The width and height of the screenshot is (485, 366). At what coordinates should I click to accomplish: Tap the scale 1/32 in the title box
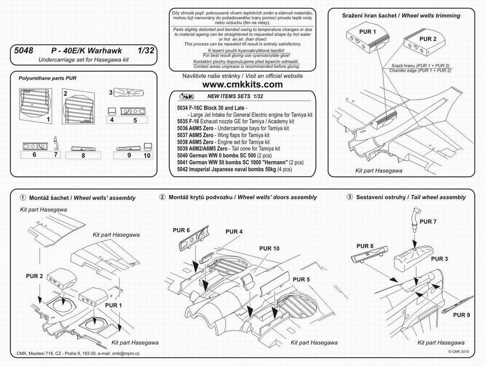tap(145, 50)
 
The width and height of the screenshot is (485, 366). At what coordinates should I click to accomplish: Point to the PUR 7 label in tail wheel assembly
tap(427, 221)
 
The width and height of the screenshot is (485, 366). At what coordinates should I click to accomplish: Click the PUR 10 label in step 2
tap(269, 248)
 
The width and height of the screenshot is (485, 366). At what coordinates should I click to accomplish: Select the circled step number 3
tap(349, 197)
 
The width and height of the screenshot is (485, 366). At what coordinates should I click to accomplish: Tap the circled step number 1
tap(22, 198)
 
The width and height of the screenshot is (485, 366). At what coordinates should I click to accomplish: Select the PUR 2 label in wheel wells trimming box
tap(428, 39)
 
